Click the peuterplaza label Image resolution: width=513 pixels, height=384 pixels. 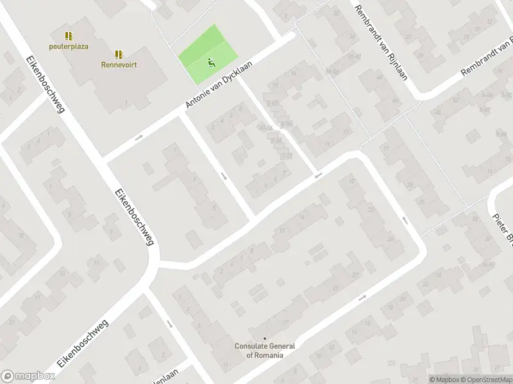69,46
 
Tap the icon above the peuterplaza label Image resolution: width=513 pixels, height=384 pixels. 69,36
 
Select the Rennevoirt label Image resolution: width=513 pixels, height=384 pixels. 119,64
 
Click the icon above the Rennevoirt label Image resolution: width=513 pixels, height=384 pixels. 119,54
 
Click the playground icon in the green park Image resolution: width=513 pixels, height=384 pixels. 210,63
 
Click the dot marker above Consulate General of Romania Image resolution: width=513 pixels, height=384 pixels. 264,338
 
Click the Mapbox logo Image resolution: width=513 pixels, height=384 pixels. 27,376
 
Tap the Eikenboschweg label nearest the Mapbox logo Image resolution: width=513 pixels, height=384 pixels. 83,344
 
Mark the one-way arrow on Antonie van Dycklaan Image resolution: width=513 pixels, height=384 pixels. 139,138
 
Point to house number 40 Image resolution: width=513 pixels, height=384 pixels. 380,77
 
